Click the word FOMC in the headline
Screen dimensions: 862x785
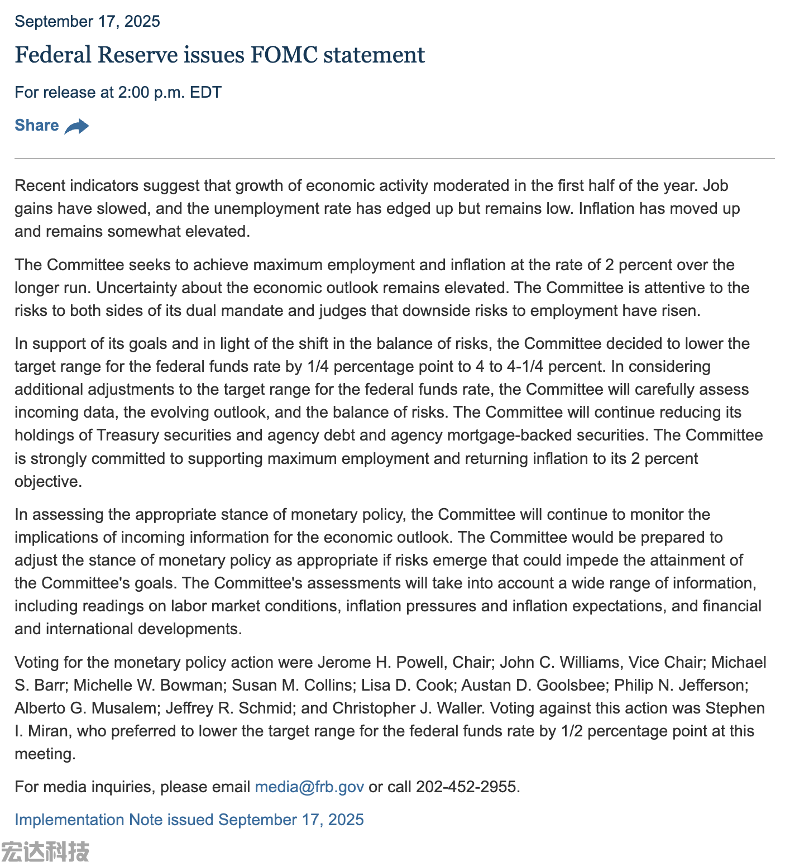point(284,55)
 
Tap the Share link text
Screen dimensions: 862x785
point(37,125)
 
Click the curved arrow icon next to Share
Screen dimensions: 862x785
point(76,126)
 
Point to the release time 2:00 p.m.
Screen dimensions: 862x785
point(151,92)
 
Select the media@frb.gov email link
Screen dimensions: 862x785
point(309,787)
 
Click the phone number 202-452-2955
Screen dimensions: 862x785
point(466,787)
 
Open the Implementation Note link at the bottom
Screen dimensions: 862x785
point(189,820)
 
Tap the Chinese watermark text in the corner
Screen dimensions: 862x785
point(45,851)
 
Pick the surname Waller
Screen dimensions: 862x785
point(457,708)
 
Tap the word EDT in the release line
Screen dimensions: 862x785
point(205,92)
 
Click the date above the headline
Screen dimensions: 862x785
point(87,21)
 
